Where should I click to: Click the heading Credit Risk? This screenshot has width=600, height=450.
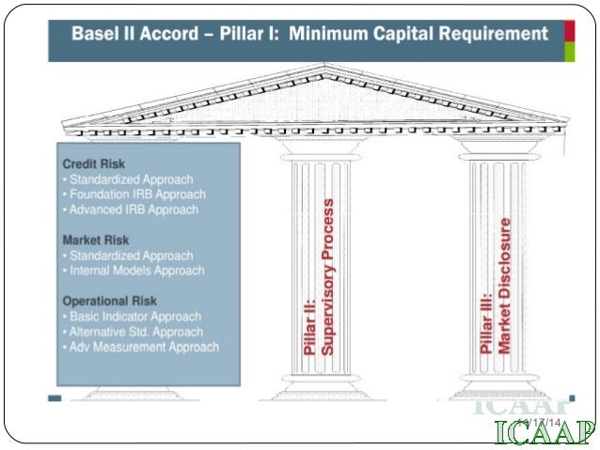94,163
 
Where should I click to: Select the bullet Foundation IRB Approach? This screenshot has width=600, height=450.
136,194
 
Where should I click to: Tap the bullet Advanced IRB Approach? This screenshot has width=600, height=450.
133,209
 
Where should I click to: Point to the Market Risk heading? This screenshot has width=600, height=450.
95,240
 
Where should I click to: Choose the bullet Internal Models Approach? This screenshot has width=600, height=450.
135,271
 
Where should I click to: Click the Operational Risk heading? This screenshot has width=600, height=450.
108,301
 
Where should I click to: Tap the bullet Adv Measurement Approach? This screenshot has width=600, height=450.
143,347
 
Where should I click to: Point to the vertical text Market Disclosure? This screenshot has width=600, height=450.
505,286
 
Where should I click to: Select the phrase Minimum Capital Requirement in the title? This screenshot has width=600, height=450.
418,35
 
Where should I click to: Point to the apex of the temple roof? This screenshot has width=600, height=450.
324,68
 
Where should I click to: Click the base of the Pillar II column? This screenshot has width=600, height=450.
321,386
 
